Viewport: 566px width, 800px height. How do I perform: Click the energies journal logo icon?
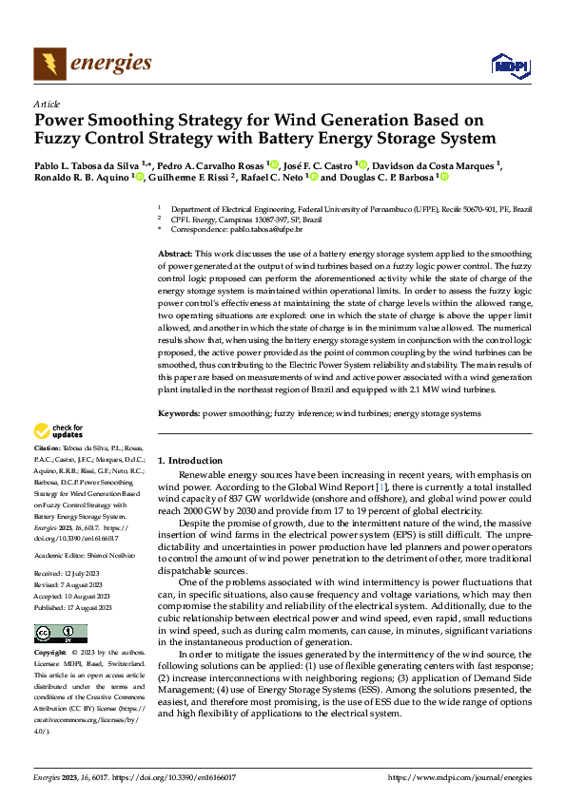(x=48, y=64)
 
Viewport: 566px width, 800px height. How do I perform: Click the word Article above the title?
(x=47, y=104)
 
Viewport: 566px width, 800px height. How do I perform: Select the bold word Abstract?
(x=175, y=255)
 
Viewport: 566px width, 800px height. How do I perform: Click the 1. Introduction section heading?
(x=189, y=461)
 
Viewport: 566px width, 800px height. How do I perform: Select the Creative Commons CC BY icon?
(x=60, y=634)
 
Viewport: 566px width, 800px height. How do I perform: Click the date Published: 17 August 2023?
(x=74, y=607)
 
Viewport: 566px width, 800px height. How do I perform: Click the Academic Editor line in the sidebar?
(x=85, y=554)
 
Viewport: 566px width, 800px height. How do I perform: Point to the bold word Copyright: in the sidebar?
(x=50, y=653)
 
